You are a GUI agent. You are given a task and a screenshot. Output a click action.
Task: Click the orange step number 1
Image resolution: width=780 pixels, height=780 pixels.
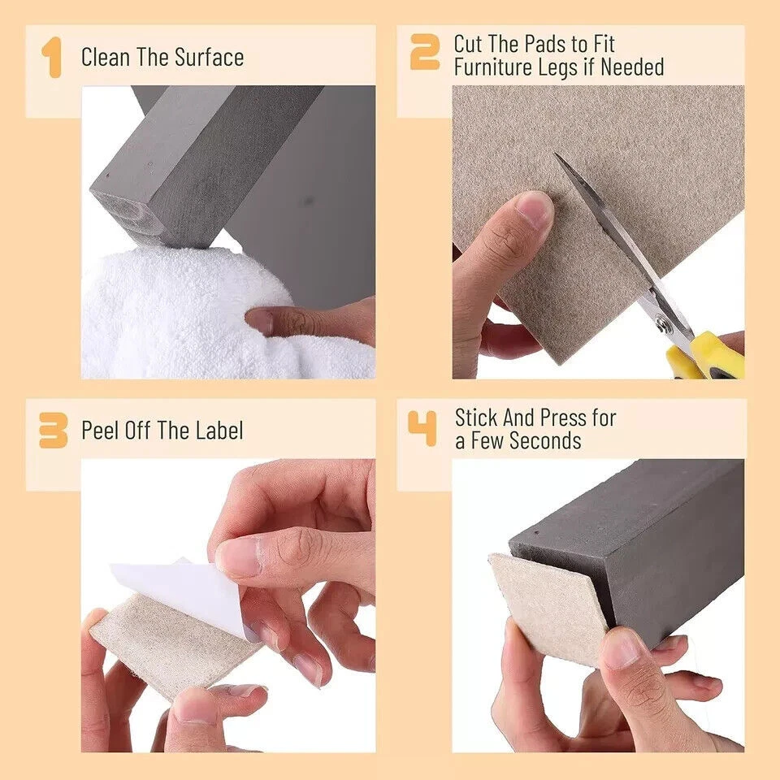pyautogui.click(x=52, y=57)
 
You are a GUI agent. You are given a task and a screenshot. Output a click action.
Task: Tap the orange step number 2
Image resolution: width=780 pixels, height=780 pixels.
pyautogui.click(x=424, y=52)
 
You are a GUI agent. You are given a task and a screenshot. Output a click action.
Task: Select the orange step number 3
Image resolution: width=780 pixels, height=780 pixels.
pyautogui.click(x=54, y=431)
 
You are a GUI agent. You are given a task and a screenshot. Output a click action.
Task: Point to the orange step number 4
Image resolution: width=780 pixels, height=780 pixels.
pyautogui.click(x=422, y=428)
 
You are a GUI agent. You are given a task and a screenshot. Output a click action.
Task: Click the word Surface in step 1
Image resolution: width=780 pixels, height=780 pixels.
pyautogui.click(x=209, y=57)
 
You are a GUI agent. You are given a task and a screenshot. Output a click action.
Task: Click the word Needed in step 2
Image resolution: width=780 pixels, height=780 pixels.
pyautogui.click(x=632, y=67)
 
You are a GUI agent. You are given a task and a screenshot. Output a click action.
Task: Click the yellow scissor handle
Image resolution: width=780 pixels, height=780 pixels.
pyautogui.click(x=706, y=356)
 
